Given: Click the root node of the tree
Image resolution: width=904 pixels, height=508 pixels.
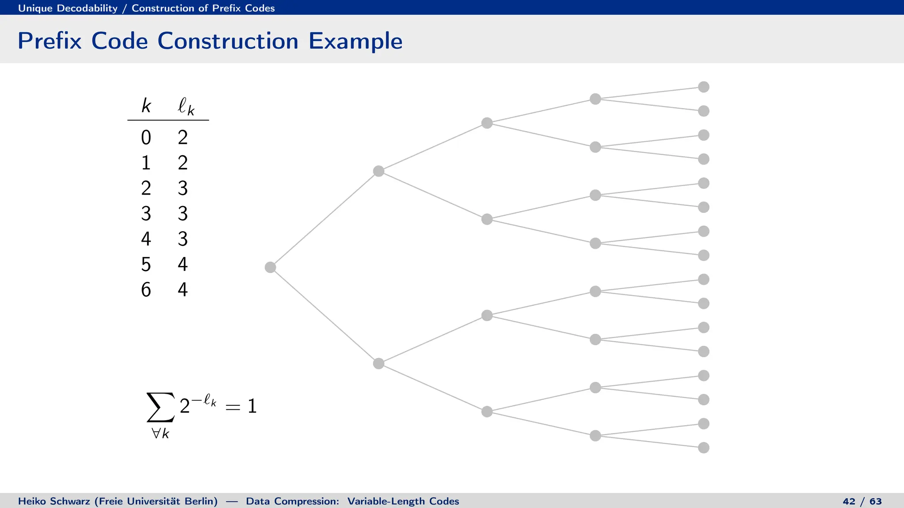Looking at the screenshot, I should pyautogui.click(x=270, y=267).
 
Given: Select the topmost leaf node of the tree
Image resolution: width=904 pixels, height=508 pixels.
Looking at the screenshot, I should pyautogui.click(x=704, y=87).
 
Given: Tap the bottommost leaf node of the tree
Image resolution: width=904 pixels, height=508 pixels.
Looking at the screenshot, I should pyautogui.click(x=704, y=448).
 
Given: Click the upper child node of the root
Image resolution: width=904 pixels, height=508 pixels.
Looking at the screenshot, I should pyautogui.click(x=378, y=171).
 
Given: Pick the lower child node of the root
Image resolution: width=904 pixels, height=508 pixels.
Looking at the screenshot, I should pyautogui.click(x=378, y=363).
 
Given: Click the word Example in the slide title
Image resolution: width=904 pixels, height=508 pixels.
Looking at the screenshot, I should pyautogui.click(x=355, y=41).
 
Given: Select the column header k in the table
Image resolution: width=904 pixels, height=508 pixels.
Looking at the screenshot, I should pyautogui.click(x=146, y=106).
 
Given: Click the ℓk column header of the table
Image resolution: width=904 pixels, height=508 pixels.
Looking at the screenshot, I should pyautogui.click(x=185, y=107).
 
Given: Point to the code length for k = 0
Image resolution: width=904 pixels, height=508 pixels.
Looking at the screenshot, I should pyautogui.click(x=183, y=138).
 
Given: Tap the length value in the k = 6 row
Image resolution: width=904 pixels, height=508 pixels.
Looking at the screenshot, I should pyautogui.click(x=183, y=290).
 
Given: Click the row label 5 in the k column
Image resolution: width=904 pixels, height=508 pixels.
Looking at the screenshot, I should pyautogui.click(x=146, y=265).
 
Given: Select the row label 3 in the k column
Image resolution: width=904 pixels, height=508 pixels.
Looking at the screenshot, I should pyautogui.click(x=146, y=214).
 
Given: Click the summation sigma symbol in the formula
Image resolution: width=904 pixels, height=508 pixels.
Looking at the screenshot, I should pyautogui.click(x=160, y=407).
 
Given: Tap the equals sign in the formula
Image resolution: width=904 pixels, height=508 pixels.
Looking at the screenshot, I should pyautogui.click(x=233, y=407).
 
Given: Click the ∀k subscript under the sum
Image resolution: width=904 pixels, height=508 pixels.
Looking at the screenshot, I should pyautogui.click(x=160, y=433).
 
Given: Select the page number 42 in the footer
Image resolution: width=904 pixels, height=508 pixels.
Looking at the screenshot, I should pyautogui.click(x=849, y=501).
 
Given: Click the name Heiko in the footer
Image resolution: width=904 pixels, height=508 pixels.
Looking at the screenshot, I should pyautogui.click(x=32, y=501).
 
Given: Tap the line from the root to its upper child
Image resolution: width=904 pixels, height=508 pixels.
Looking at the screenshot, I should pyautogui.click(x=324, y=219).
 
